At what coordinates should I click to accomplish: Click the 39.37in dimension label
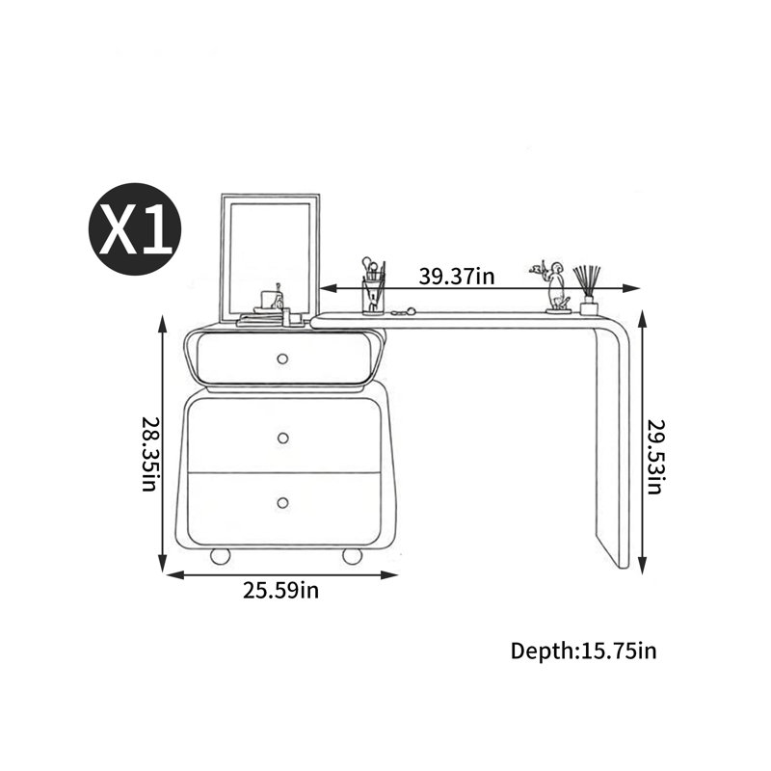[x=456, y=277]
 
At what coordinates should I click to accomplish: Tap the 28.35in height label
[x=149, y=454]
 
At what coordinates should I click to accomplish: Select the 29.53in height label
[x=655, y=457]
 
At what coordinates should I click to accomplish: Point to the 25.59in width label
[x=280, y=590]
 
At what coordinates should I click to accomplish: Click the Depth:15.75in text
[x=583, y=651]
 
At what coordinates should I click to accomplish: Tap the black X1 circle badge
[x=135, y=229]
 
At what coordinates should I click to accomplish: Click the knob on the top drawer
[x=282, y=359]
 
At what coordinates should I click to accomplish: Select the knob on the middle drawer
[x=282, y=438]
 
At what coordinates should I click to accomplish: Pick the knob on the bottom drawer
[x=282, y=502]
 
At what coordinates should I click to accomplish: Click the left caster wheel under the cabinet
[x=221, y=556]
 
